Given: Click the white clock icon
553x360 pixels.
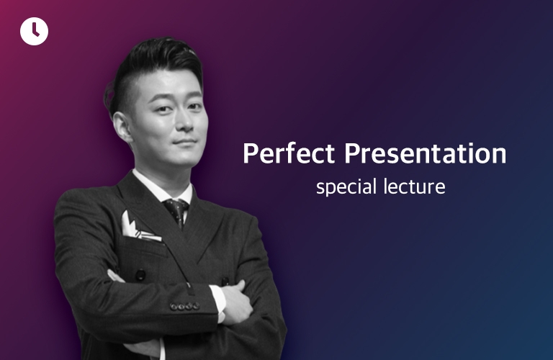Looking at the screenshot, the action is tap(35, 31).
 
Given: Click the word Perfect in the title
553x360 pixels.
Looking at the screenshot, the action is tap(289, 153).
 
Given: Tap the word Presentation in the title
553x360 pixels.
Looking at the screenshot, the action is tap(425, 153).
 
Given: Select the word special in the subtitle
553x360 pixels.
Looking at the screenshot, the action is tap(346, 187).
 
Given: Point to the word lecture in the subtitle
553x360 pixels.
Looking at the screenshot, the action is tap(415, 186).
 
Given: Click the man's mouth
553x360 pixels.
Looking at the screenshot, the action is tap(185, 142).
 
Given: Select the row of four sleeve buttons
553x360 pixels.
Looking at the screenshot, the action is tap(184, 306).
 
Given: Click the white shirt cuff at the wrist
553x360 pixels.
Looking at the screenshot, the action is tap(218, 302).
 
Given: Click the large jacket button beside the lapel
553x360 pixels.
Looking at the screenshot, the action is tap(140, 275).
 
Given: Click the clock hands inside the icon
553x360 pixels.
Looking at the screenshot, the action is tap(35, 30).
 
